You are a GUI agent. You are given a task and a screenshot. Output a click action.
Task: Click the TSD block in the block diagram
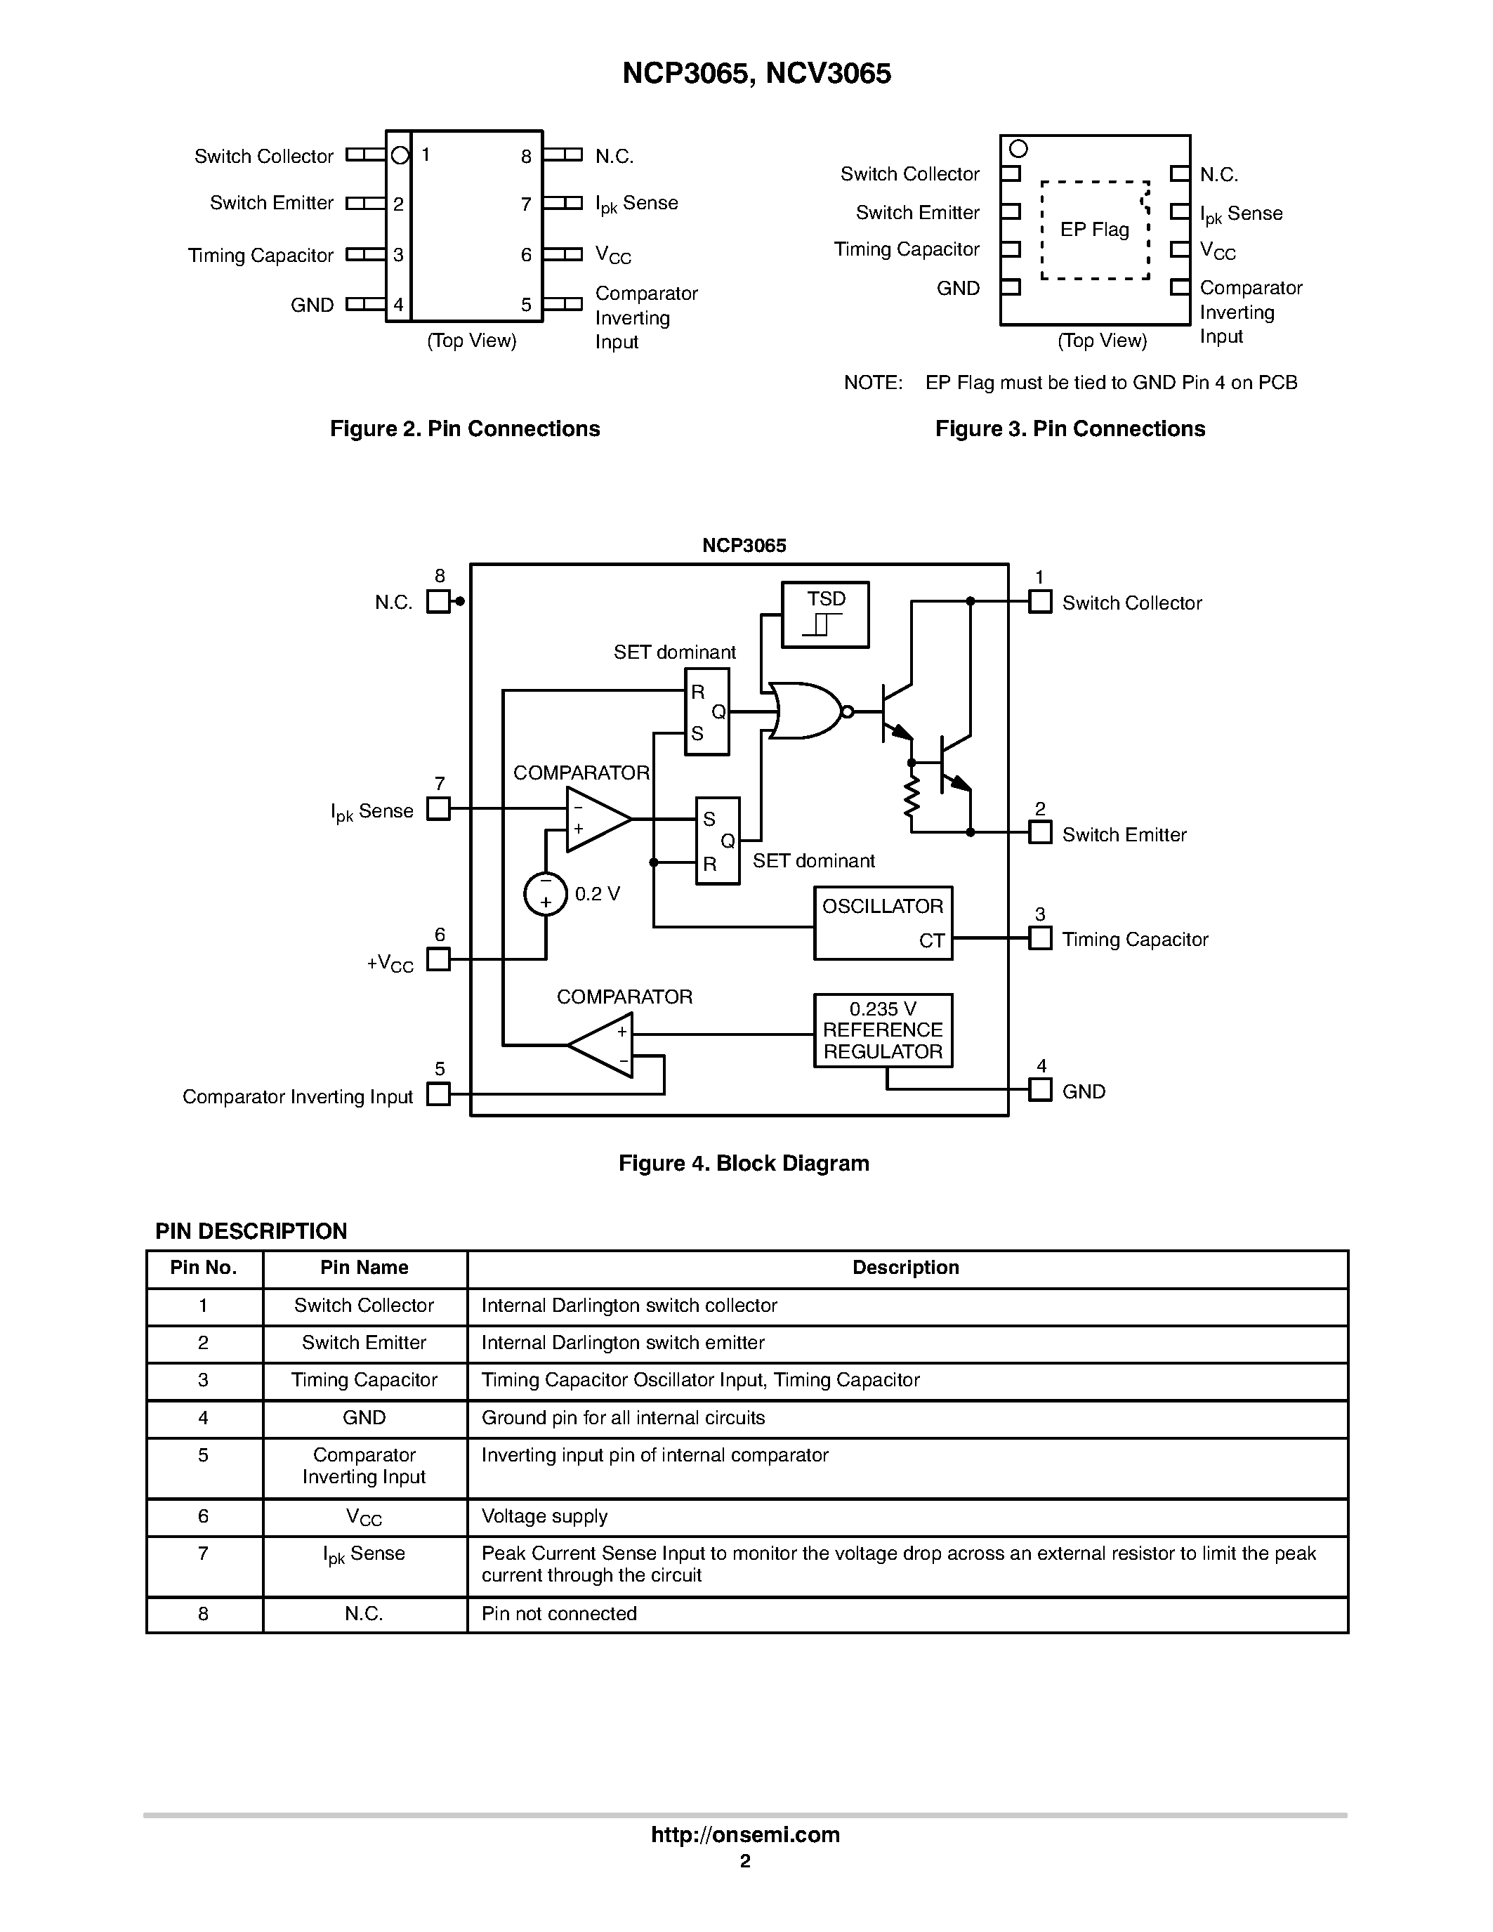[x=825, y=615]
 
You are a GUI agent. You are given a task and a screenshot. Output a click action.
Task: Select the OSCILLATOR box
[x=883, y=923]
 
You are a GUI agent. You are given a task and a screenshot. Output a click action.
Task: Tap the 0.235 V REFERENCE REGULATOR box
[x=883, y=1030]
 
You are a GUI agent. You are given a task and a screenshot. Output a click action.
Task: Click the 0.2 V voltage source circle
[x=546, y=893]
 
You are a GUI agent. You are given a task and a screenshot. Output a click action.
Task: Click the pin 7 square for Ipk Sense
[x=438, y=808]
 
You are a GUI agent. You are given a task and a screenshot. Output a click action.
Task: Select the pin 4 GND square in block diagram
[x=1040, y=1090]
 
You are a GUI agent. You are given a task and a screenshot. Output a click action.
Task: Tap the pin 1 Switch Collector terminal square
[x=1040, y=602]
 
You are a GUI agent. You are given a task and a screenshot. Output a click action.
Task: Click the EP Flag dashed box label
[x=1094, y=230]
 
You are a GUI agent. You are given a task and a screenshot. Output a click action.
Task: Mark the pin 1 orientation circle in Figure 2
[x=400, y=156]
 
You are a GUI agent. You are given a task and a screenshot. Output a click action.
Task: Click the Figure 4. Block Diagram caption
[x=743, y=1163]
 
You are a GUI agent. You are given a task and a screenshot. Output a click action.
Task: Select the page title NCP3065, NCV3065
[x=756, y=74]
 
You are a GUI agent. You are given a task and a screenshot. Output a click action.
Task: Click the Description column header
[x=906, y=1268]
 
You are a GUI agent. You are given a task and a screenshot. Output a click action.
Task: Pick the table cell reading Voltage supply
[x=544, y=1516]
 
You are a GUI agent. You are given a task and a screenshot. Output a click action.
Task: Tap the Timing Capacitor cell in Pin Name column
[x=364, y=1380]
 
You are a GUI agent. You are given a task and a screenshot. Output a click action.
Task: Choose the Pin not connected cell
[x=559, y=1614]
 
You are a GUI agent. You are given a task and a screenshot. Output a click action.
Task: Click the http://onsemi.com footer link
[x=744, y=1834]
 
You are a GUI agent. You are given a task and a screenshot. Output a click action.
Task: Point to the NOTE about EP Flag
[x=1070, y=383]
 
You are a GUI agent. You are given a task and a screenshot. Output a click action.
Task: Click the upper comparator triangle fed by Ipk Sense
[x=594, y=819]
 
